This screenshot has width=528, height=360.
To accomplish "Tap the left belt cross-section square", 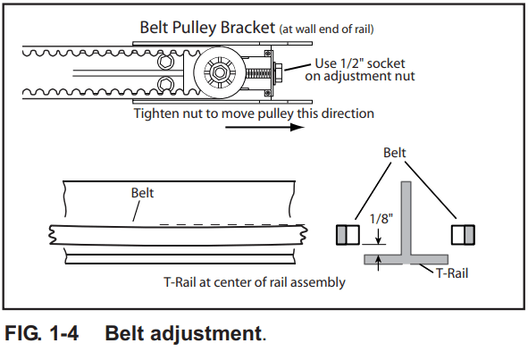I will [347, 235].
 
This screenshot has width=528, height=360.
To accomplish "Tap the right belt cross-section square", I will [463, 235].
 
